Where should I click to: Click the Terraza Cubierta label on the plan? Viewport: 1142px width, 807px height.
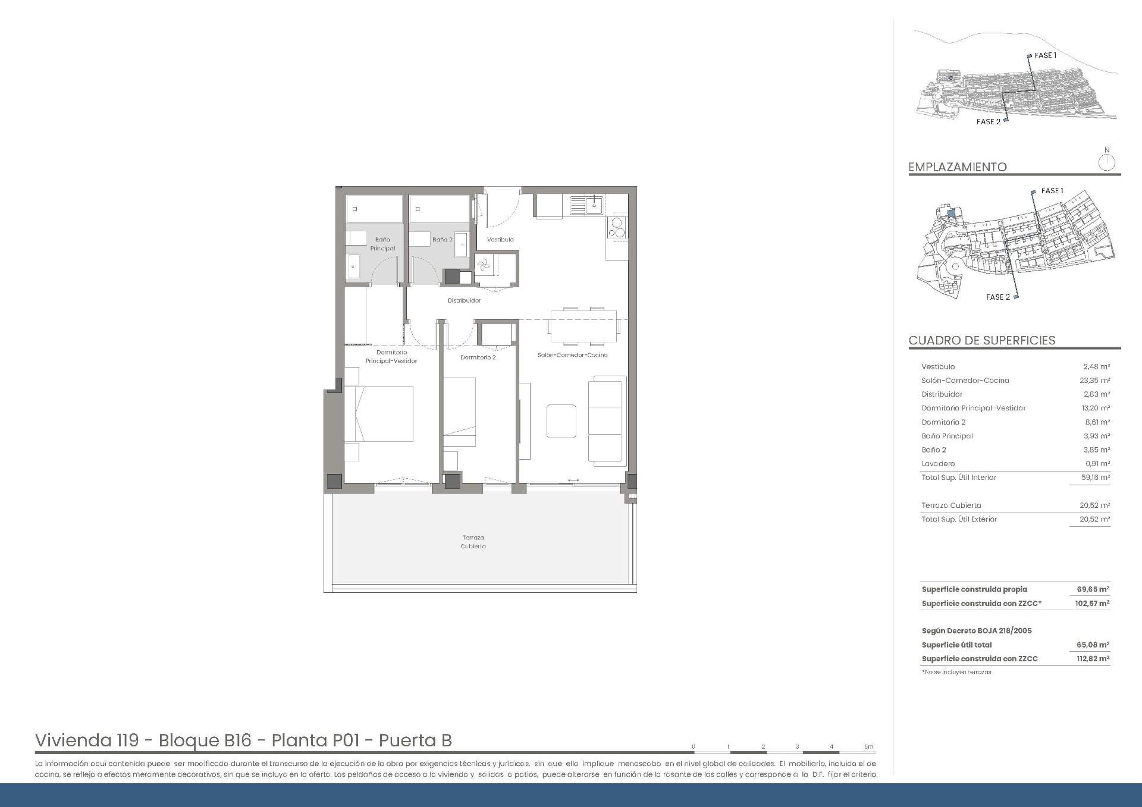click(x=473, y=542)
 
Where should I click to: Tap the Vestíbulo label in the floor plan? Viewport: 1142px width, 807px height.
click(x=500, y=240)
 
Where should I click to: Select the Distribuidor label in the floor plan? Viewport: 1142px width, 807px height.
click(x=464, y=301)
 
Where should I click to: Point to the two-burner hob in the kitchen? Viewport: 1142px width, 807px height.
click(x=617, y=228)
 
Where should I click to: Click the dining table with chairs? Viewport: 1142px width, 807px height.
click(x=583, y=326)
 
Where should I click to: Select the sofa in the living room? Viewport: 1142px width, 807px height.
click(x=607, y=420)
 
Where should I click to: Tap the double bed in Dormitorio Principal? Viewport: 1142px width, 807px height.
click(x=379, y=414)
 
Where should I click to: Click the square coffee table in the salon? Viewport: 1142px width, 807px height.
click(x=561, y=421)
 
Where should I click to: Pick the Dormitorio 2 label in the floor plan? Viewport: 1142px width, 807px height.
click(x=478, y=357)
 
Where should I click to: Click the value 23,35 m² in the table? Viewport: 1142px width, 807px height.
click(x=1095, y=381)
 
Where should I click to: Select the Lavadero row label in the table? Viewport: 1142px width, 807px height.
click(x=938, y=464)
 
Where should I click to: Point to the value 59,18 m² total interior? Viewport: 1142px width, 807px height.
click(x=1095, y=478)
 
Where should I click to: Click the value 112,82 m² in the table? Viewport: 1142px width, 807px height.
click(x=1093, y=659)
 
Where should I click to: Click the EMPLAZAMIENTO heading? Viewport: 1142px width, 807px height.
click(x=958, y=167)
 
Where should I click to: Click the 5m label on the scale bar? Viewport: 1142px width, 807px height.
click(x=869, y=746)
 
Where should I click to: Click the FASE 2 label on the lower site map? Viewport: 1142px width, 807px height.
click(x=997, y=297)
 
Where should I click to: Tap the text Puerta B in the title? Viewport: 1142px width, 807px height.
click(x=415, y=740)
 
